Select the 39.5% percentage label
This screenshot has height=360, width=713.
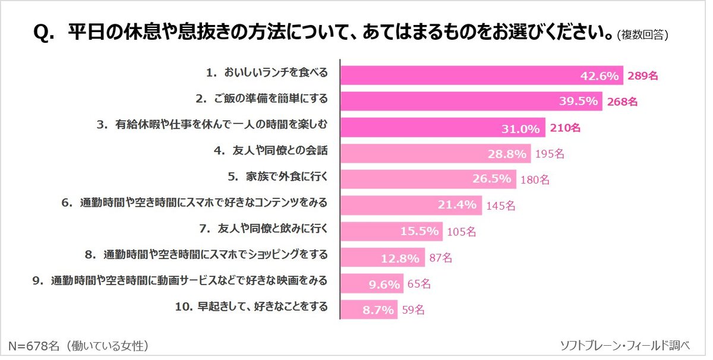tap(578, 102)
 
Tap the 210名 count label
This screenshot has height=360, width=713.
tap(564, 127)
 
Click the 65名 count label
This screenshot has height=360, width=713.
tap(418, 284)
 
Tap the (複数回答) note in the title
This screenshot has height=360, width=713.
tap(643, 35)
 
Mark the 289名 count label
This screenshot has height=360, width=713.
tap(642, 75)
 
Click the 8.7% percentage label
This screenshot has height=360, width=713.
tap(378, 310)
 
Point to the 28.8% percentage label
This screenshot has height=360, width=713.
tap(507, 154)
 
